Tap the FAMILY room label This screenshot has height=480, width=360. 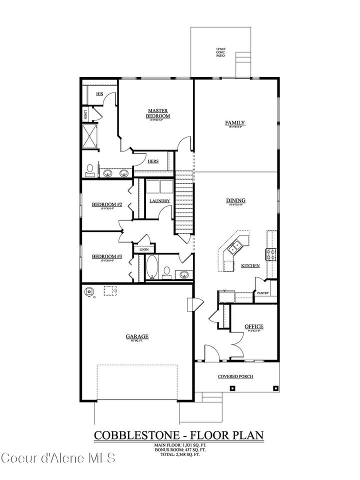[234, 122]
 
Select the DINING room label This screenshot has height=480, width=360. [235, 201]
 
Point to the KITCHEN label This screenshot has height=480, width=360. [250, 266]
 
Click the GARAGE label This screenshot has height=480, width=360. [136, 337]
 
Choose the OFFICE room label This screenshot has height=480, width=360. [254, 327]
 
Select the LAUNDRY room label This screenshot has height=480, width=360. [160, 201]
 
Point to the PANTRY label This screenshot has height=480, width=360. [263, 293]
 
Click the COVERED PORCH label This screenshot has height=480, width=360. [235, 376]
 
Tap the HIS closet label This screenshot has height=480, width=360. [99, 93]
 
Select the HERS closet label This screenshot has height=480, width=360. [153, 161]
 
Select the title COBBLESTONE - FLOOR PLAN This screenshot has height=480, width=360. [178, 435]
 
